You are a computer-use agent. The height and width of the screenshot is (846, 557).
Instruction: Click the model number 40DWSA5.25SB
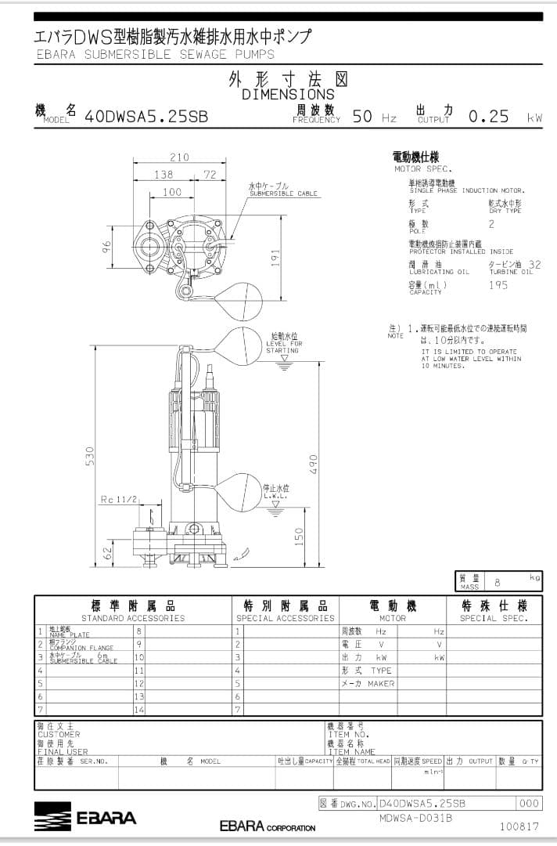[146, 117]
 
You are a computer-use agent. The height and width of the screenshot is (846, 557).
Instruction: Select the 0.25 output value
[488, 117]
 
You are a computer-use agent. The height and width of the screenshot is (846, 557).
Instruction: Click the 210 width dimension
[179, 157]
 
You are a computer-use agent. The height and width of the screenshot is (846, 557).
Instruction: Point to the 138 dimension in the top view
[163, 175]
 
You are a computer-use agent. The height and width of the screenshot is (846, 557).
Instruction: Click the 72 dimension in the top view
[210, 175]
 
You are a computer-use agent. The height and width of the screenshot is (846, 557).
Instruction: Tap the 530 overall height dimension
[90, 455]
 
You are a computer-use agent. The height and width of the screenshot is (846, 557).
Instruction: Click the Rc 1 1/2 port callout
[119, 499]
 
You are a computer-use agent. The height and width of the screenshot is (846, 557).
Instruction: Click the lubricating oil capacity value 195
[498, 285]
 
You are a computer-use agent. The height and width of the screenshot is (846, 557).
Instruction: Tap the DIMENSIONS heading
[288, 94]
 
